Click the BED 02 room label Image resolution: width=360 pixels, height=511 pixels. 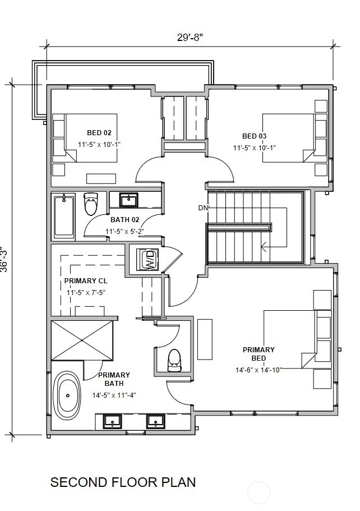click(x=99, y=132)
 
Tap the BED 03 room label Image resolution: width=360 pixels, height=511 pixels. click(x=254, y=136)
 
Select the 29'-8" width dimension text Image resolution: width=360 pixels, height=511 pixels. click(x=190, y=38)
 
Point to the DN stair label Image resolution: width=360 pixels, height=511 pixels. click(x=202, y=208)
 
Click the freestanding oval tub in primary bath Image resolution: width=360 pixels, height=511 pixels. click(x=67, y=395)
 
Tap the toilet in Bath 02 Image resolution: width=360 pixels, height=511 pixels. click(x=91, y=204)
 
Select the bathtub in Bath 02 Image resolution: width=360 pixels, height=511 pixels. click(x=64, y=216)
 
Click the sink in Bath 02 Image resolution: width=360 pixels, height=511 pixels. click(x=128, y=200)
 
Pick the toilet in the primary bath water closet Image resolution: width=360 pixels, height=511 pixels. click(x=174, y=361)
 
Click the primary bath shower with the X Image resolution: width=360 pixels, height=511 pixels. click(x=82, y=340)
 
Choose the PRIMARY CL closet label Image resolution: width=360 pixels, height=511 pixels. click(x=86, y=280)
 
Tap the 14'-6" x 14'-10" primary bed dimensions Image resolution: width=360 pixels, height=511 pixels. click(x=259, y=370)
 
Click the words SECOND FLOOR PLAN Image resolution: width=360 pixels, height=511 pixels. click(x=123, y=482)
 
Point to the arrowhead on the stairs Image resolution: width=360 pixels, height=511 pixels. click(x=264, y=247)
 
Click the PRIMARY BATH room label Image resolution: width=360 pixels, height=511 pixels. click(x=114, y=379)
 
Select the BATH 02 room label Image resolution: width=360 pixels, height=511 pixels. click(x=125, y=220)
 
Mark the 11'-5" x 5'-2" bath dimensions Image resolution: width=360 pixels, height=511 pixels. click(x=125, y=232)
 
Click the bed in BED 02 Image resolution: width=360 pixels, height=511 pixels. click(x=85, y=138)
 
